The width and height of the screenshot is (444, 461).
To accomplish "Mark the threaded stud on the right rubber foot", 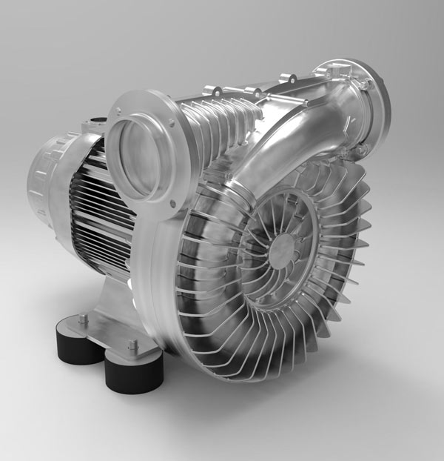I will click(133, 345).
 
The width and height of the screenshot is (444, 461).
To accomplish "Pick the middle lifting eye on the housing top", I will click(252, 93).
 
